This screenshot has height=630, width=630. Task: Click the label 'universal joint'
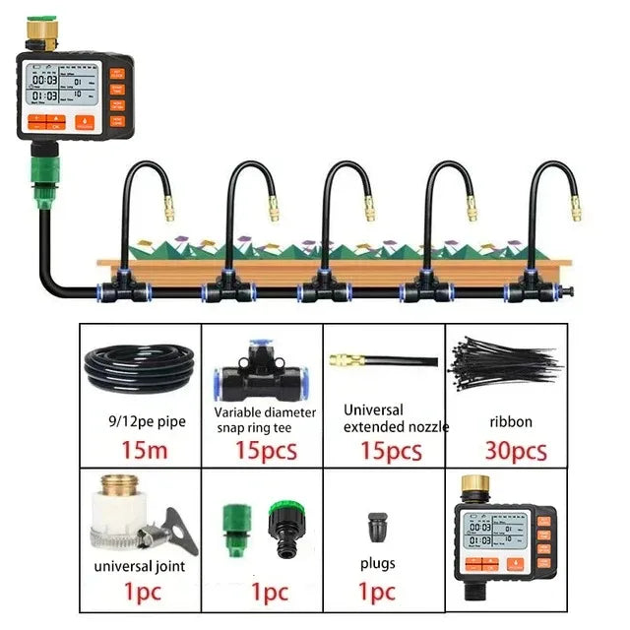[139, 566]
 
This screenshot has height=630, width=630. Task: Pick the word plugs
[377, 563]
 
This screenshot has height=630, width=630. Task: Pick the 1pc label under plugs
[377, 593]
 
